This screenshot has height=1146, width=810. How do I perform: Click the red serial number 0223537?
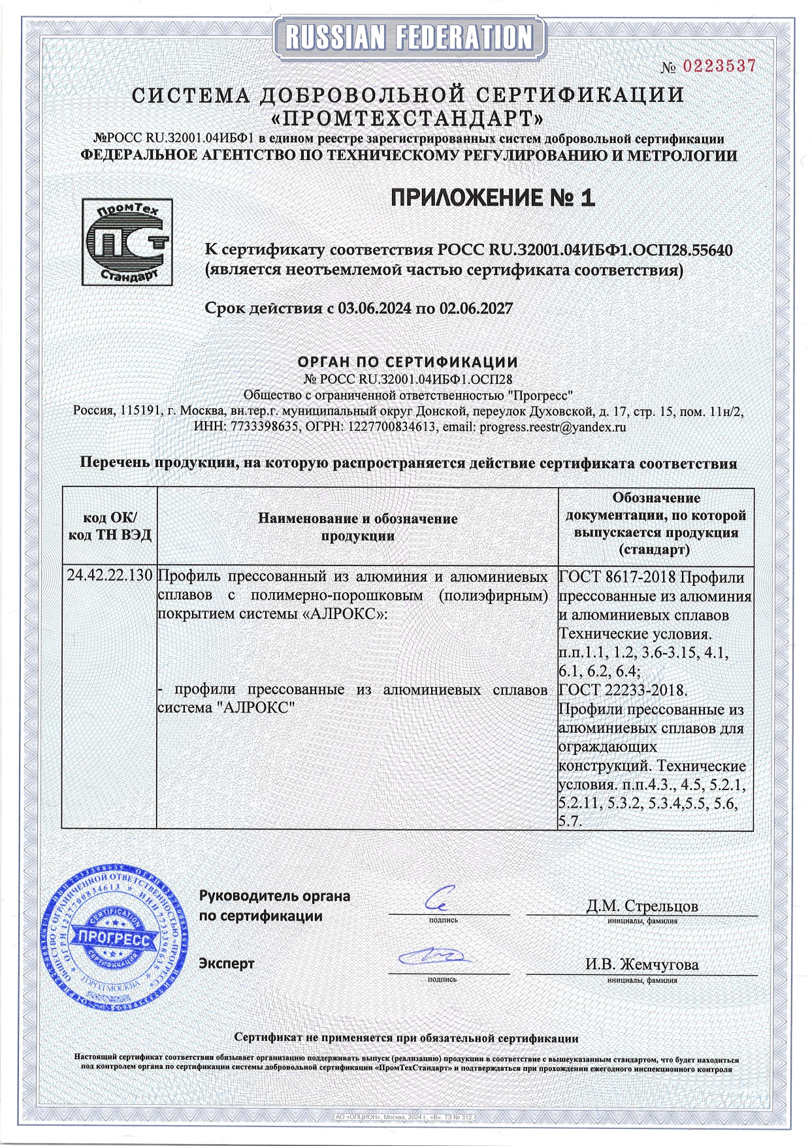point(719,66)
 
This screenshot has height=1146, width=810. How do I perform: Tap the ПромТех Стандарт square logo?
point(127,242)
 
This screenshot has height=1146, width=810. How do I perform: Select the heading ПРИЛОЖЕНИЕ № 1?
point(493,198)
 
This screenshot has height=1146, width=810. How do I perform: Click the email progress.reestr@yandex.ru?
point(553,427)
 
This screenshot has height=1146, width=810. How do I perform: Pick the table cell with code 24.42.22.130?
point(110,576)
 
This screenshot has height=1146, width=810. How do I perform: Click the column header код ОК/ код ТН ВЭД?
point(110,526)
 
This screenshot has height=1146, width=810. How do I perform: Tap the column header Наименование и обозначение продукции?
point(357,527)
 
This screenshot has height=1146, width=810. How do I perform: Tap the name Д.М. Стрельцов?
point(641,906)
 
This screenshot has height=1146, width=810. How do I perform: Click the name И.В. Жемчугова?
point(641,964)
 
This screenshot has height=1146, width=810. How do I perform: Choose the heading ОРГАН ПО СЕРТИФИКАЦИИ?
point(408,362)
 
